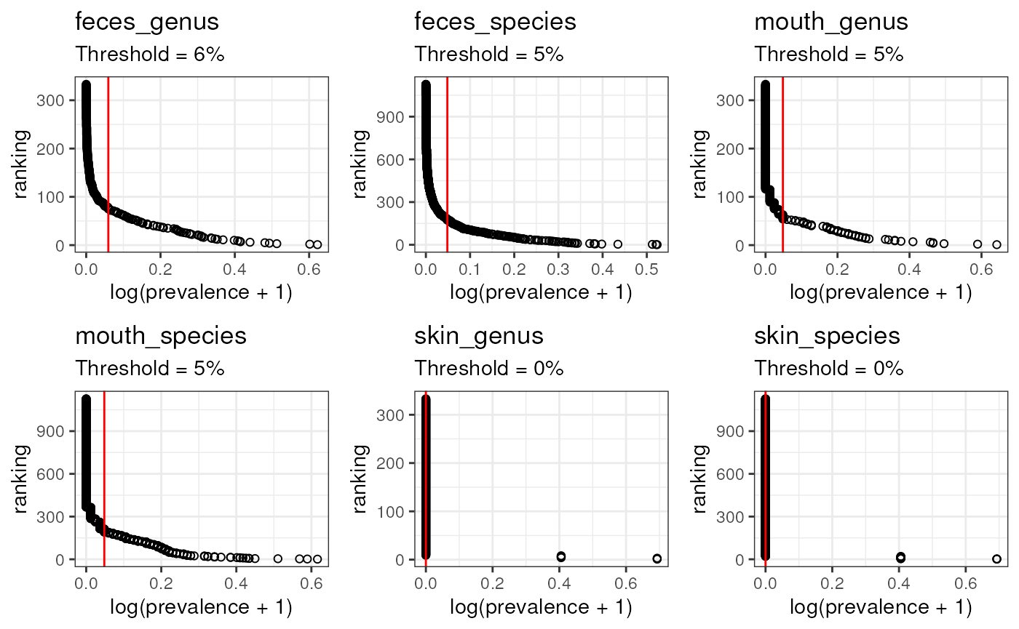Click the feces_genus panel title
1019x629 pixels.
[147, 23]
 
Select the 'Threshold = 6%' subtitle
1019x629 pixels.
[150, 54]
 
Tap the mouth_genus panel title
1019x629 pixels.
[830, 23]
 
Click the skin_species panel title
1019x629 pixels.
[827, 337]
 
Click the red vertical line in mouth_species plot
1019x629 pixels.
[105, 473]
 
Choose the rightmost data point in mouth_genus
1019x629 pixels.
[996, 244]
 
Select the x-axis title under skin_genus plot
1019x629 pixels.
[541, 607]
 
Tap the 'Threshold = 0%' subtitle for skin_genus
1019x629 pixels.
[489, 368]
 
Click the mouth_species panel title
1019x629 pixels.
[161, 337]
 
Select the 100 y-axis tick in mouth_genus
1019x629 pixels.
[740, 196]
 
